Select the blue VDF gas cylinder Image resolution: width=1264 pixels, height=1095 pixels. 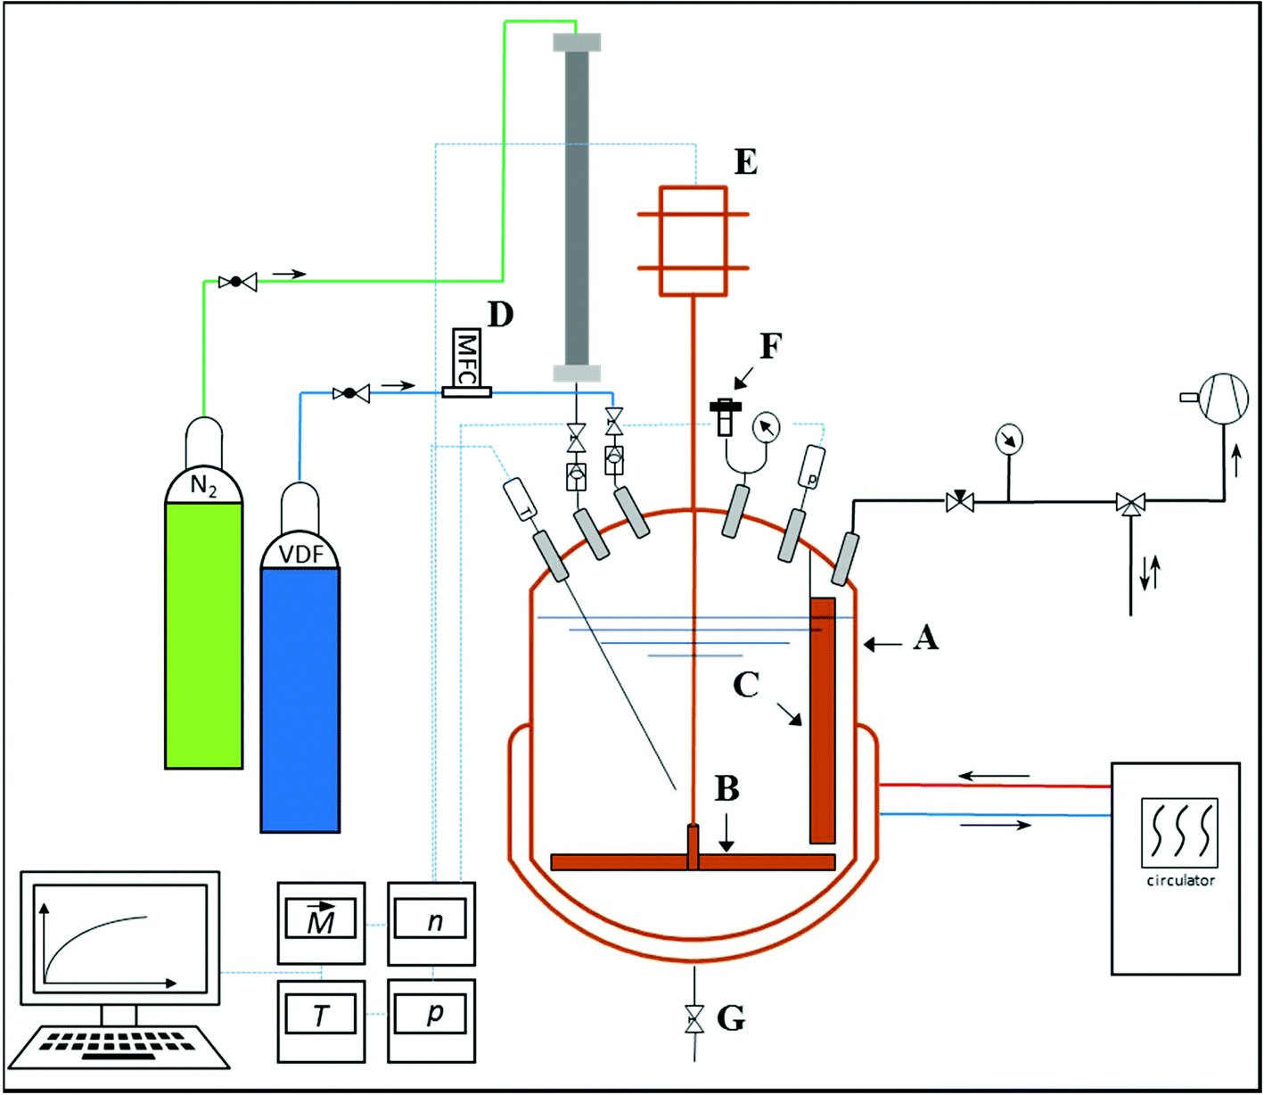(x=300, y=696)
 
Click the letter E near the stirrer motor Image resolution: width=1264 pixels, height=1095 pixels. (x=745, y=162)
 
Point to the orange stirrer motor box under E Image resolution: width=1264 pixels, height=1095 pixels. (x=693, y=241)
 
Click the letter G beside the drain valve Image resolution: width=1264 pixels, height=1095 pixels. (x=731, y=1017)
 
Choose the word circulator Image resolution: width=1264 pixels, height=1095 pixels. (x=1179, y=881)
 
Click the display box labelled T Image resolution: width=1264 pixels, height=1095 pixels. (x=321, y=1016)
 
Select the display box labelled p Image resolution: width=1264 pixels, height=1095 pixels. (x=431, y=1016)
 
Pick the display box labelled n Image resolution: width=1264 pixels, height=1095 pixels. (x=431, y=921)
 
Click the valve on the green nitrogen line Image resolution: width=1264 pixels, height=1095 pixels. (x=237, y=283)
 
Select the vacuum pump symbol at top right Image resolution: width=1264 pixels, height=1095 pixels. (x=1223, y=398)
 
